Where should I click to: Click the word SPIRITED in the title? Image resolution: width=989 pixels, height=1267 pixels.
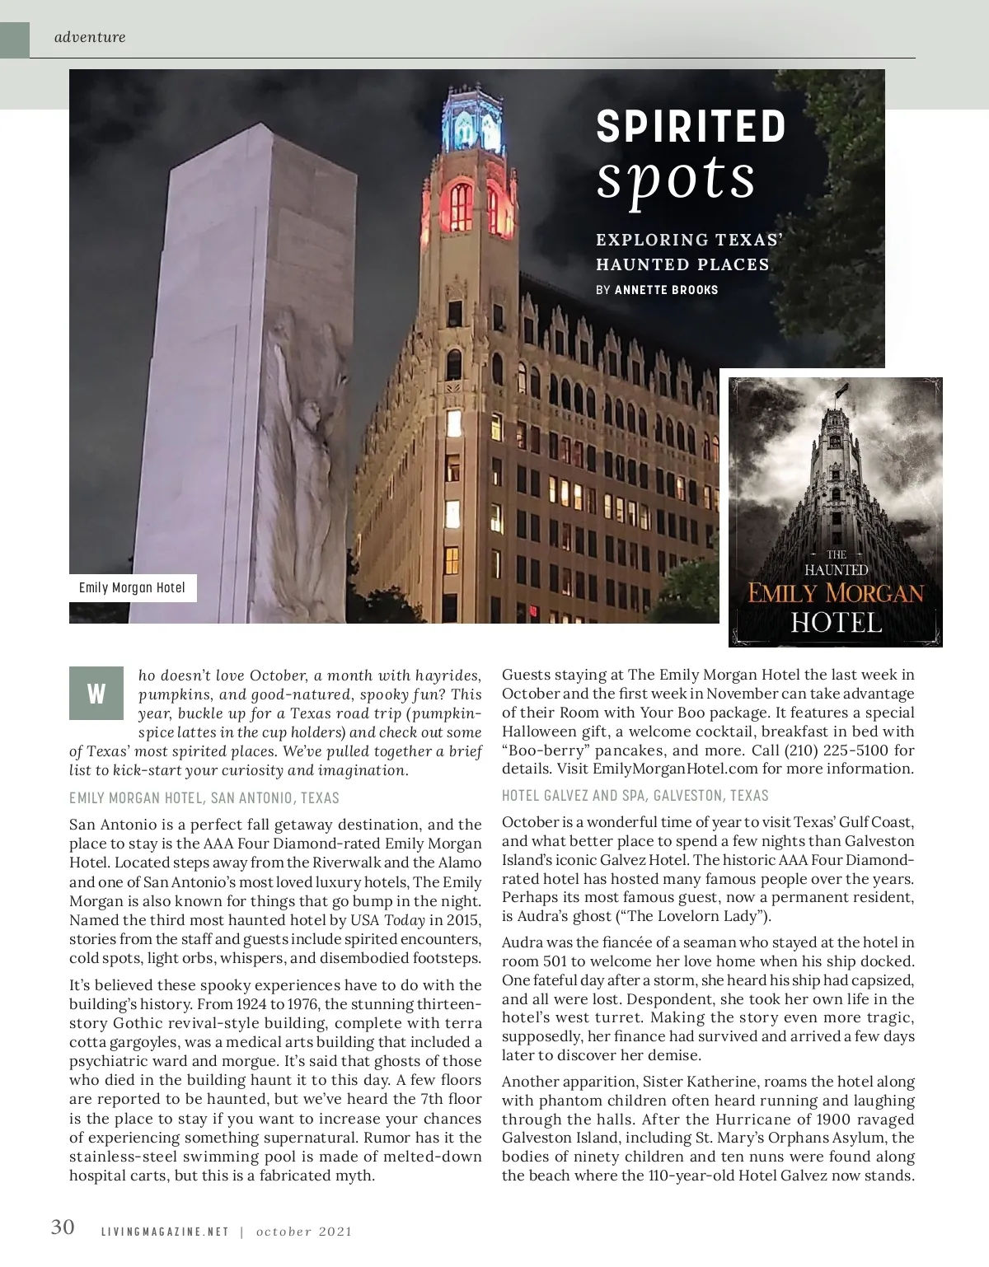(x=691, y=128)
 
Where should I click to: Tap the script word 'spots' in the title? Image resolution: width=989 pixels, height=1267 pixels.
(x=675, y=177)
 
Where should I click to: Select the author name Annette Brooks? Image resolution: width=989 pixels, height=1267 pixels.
(x=666, y=290)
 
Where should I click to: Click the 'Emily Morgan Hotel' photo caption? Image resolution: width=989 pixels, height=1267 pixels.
(x=132, y=588)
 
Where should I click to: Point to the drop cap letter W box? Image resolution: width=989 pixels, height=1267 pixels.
(x=96, y=693)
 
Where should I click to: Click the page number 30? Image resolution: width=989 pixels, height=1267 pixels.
(x=63, y=1227)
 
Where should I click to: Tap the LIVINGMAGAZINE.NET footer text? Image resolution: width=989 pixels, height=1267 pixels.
(x=165, y=1232)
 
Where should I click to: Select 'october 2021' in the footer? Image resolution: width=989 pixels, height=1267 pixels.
(x=304, y=1232)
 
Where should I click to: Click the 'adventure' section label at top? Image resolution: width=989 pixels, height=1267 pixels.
(x=90, y=37)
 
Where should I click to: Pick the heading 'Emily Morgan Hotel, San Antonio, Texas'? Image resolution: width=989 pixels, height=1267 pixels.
(x=204, y=797)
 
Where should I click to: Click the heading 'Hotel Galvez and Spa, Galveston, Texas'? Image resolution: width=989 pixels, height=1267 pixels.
(x=635, y=795)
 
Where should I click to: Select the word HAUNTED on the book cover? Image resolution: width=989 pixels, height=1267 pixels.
(x=836, y=570)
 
